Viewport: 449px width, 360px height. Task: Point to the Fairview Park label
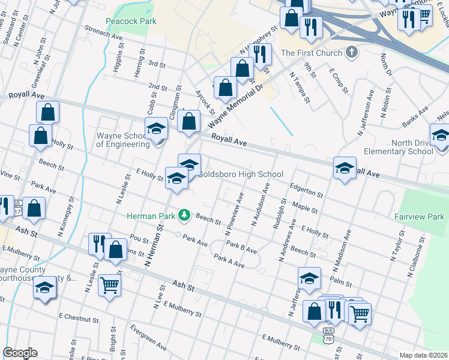424,217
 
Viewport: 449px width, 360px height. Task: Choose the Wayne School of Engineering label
123,140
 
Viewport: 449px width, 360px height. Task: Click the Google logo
19,353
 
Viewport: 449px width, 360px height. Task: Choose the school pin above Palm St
309,278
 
